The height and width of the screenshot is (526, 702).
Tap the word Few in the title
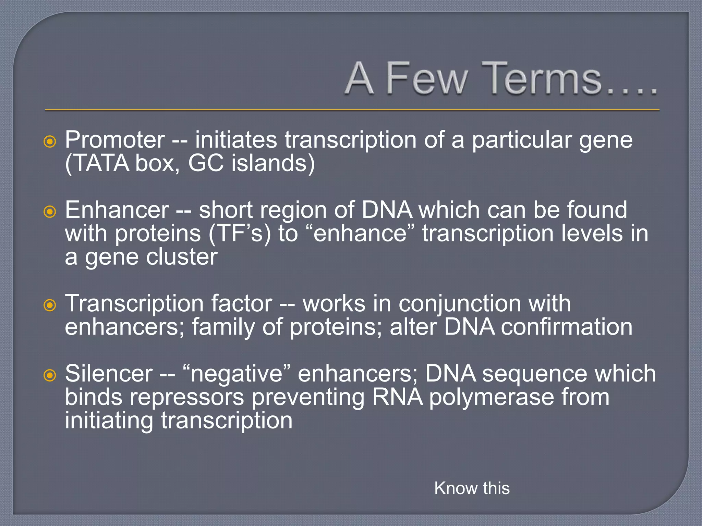[427, 79]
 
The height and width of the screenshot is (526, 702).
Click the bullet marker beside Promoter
[50, 141]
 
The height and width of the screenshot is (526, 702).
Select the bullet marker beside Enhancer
[50, 212]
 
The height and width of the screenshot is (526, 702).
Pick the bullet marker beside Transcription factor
[50, 305]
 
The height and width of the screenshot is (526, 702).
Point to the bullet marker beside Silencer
[50, 375]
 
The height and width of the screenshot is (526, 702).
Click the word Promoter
[115, 140]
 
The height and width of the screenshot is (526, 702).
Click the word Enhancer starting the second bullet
[117, 210]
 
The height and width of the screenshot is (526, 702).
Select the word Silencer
[109, 374]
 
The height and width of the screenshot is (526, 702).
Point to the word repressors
[187, 398]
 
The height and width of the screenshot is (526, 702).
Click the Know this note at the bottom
[472, 488]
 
